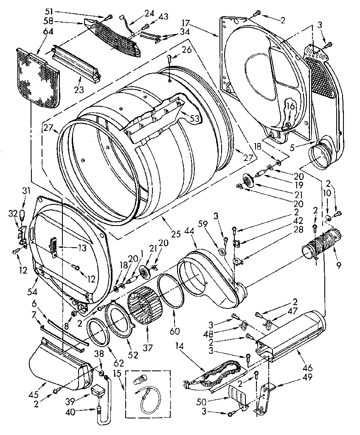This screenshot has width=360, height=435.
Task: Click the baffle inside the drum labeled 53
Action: tap(157, 119)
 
